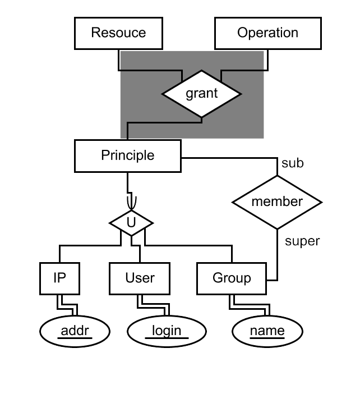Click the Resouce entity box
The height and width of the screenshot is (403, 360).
(118, 33)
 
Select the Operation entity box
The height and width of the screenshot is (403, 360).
(267, 33)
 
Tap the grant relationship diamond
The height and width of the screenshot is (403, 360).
(202, 93)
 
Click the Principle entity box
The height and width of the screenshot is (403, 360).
(127, 155)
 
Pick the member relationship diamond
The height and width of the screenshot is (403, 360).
(277, 202)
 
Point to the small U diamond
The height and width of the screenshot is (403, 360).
(131, 222)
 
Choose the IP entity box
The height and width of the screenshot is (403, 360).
(59, 278)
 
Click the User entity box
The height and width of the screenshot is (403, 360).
(140, 278)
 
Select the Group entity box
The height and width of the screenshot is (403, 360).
(232, 278)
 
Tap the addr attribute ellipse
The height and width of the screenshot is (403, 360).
(74, 332)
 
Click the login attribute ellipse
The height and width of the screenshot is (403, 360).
(167, 332)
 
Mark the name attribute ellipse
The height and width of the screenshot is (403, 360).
(267, 332)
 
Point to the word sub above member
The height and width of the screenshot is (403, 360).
(292, 163)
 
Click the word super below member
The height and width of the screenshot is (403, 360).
(302, 241)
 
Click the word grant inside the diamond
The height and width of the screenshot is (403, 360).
(202, 93)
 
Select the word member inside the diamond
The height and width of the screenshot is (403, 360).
(277, 201)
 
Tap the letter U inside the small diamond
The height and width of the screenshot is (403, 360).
(131, 222)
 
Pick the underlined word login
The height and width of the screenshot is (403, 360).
(167, 331)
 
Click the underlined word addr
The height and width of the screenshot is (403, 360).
(75, 331)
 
